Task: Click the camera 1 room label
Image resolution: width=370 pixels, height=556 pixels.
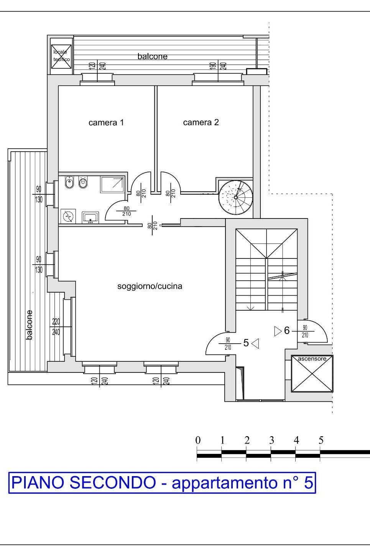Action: [106, 122]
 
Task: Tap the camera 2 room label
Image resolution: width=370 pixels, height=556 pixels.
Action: [201, 122]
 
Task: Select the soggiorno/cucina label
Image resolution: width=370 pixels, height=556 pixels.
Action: [150, 286]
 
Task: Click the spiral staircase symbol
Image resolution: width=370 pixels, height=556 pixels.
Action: [236, 198]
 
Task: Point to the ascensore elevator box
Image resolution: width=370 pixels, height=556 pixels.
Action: [312, 374]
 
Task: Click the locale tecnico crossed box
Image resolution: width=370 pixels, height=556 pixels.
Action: [61, 56]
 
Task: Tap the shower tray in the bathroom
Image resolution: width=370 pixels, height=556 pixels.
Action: [112, 184]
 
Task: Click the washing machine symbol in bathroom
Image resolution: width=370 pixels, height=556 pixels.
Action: [68, 216]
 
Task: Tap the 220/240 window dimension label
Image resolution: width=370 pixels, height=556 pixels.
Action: [56, 327]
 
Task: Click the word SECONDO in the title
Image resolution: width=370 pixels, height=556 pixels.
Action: [112, 483]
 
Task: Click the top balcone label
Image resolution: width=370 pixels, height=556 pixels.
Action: [153, 56]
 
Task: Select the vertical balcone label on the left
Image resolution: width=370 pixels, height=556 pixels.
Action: [29, 325]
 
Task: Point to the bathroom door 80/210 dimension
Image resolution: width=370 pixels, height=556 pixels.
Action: [127, 211]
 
